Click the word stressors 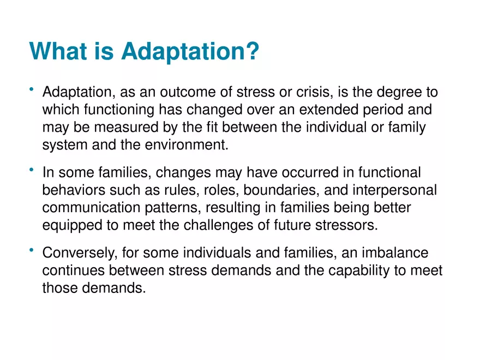[349, 225]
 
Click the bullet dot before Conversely [32, 250]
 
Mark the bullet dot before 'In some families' [32, 170]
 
